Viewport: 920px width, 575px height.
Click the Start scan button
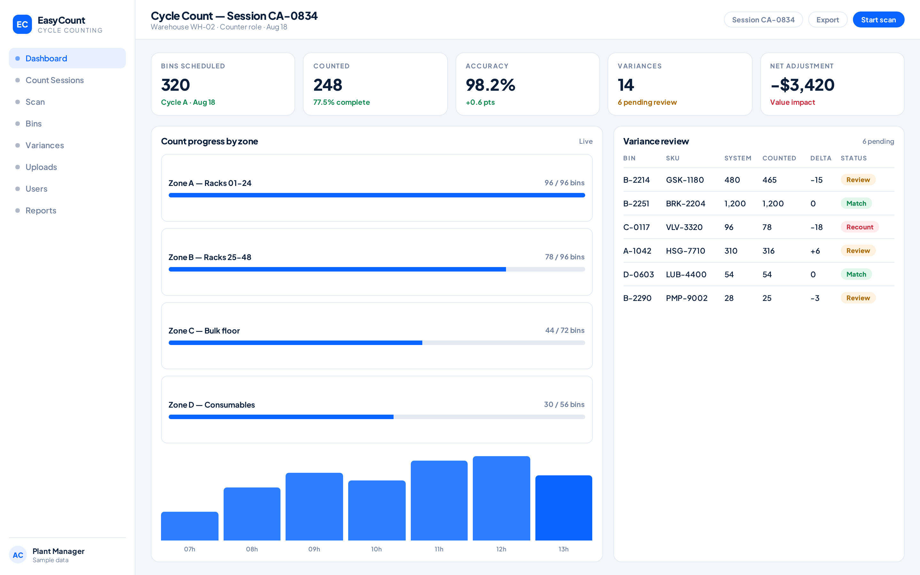(878, 20)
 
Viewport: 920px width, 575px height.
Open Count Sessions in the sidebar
(54, 80)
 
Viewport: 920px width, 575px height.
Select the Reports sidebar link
(41, 211)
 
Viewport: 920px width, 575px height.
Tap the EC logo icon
(22, 24)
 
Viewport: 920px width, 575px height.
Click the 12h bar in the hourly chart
(502, 498)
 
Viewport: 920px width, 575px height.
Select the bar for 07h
(190, 526)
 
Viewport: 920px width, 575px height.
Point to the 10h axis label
(376, 549)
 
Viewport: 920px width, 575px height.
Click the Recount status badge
(860, 227)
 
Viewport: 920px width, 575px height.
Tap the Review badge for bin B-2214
(858, 180)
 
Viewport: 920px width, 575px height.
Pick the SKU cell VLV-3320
(684, 227)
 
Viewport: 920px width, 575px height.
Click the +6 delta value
(815, 251)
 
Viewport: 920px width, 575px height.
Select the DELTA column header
(821, 158)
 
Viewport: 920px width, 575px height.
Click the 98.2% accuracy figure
(490, 85)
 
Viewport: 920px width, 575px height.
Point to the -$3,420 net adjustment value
(802, 85)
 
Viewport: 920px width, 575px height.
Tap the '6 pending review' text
(647, 102)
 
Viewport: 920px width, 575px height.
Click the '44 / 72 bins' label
(565, 331)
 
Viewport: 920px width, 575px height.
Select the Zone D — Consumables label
(211, 405)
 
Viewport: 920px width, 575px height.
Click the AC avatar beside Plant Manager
(18, 555)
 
